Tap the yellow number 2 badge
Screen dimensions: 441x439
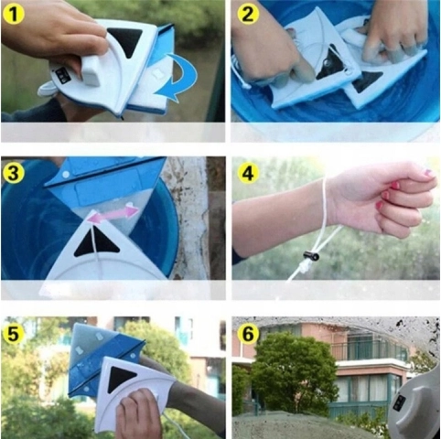[247, 13]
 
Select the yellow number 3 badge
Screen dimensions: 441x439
[13, 173]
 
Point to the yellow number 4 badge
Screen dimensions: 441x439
[248, 173]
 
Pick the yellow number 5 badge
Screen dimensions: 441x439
[13, 334]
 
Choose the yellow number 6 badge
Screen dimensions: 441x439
[248, 334]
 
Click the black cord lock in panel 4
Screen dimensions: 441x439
[312, 256]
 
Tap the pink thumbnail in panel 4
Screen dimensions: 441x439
[428, 174]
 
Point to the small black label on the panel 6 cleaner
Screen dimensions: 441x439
[399, 403]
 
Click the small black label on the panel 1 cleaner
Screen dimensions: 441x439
[63, 75]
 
